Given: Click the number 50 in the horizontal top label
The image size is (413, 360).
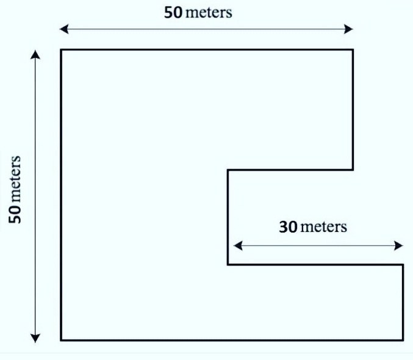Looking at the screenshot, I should (x=173, y=12).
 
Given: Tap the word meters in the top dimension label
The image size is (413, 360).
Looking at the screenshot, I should (x=208, y=12).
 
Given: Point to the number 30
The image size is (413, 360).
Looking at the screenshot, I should (x=288, y=227).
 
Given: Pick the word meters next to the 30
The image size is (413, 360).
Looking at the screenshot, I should (x=324, y=227).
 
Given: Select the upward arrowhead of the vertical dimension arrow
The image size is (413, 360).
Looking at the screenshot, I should (x=35, y=54).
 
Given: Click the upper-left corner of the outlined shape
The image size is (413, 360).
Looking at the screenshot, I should (x=61, y=49).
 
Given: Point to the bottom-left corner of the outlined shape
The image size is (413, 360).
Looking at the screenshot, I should (x=61, y=340).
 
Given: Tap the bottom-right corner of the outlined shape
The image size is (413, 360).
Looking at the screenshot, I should (x=403, y=340).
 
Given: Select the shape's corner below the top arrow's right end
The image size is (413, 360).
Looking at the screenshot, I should (x=353, y=49).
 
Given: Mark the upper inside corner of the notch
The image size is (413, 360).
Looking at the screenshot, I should (x=228, y=170).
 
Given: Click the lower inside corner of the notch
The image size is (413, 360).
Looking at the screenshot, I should (x=228, y=265).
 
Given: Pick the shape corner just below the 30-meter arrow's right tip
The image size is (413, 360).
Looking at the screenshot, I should (x=403, y=265).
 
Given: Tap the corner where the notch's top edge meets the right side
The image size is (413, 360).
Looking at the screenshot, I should (x=353, y=170).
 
